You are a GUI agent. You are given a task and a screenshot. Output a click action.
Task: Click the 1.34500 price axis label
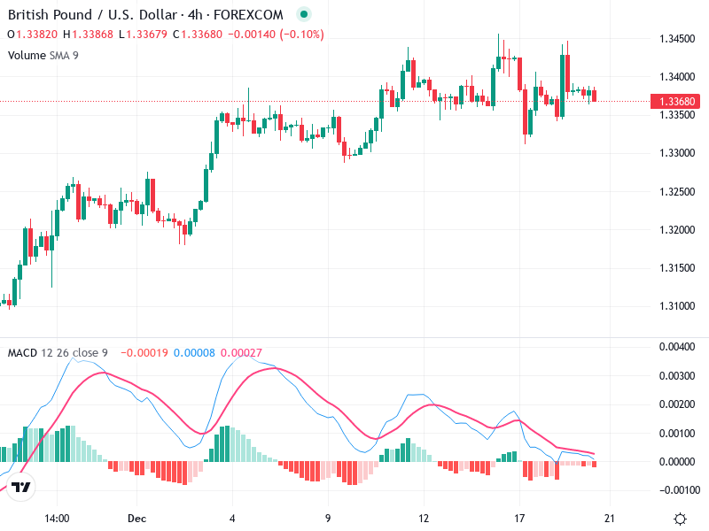(676, 39)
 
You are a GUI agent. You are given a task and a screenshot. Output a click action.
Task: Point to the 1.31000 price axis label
(676, 306)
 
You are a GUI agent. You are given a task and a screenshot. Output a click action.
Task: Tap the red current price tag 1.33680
(678, 101)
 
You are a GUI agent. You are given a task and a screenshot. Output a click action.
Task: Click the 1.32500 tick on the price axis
(676, 192)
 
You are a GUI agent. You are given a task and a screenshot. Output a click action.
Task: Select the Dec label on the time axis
(136, 519)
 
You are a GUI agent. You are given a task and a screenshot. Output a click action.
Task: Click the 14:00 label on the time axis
(57, 519)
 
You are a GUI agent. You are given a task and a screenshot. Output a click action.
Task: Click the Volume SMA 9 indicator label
(43, 55)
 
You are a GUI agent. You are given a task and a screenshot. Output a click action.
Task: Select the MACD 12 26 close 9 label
(58, 352)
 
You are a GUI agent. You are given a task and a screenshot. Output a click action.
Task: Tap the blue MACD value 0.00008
(194, 352)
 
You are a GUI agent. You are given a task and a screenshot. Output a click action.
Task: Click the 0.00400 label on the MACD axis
(678, 347)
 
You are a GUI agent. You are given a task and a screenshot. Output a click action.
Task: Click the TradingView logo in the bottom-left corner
(22, 488)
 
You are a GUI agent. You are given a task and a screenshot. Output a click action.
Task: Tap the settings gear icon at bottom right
(680, 519)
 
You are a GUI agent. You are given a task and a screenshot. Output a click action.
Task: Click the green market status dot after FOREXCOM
(304, 14)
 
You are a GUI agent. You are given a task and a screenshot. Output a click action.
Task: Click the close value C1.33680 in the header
(197, 35)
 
